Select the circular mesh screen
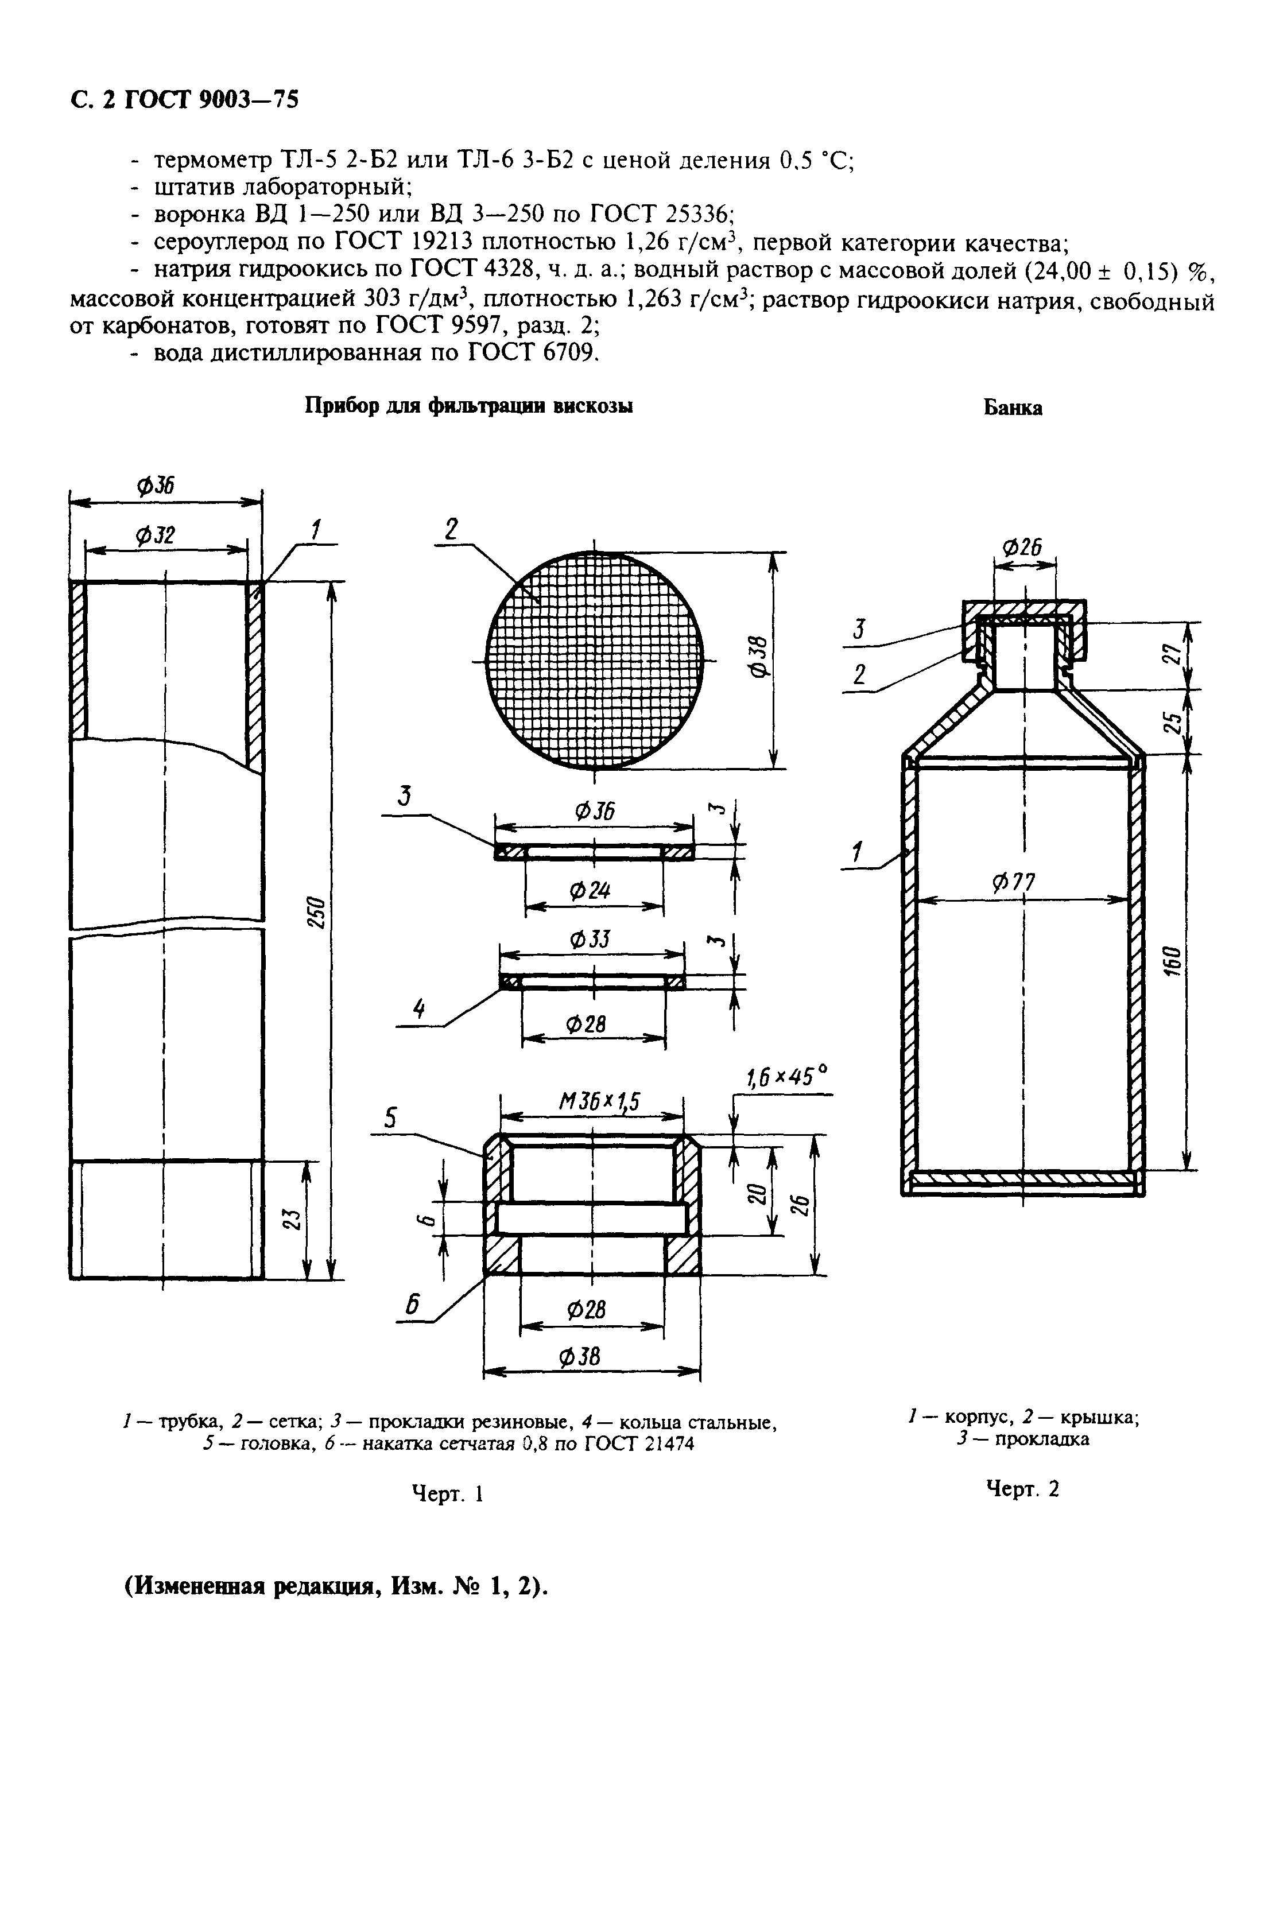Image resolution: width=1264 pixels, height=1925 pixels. tap(594, 660)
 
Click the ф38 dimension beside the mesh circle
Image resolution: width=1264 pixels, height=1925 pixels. tap(760, 658)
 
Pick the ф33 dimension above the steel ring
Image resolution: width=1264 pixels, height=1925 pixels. tap(590, 941)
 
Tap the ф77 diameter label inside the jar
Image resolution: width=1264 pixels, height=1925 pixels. tap(1013, 882)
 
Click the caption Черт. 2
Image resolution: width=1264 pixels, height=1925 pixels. tap(1022, 1488)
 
